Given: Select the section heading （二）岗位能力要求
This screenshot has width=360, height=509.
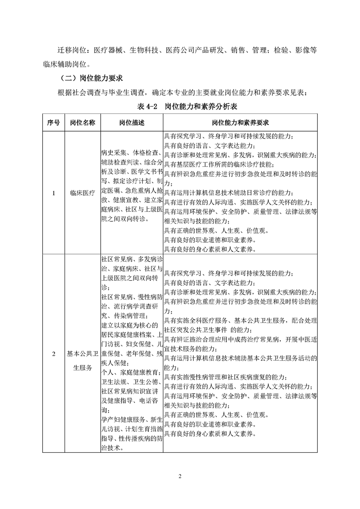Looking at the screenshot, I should (x=91, y=78).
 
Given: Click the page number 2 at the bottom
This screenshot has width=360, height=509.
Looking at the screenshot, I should (x=180, y=476).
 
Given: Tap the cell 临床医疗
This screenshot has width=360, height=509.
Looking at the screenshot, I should (x=83, y=193).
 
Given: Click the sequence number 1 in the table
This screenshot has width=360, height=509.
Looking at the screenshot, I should (x=54, y=193).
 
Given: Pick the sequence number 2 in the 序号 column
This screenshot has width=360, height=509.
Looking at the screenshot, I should (x=54, y=354).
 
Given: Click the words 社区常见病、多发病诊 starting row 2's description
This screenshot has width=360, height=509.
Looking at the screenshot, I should (x=131, y=259).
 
